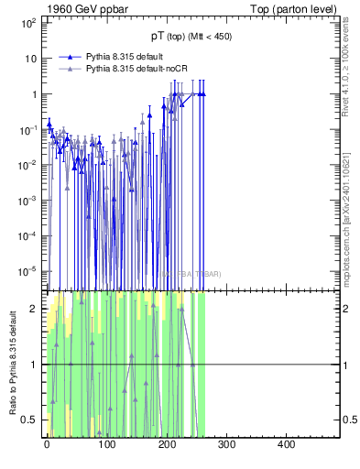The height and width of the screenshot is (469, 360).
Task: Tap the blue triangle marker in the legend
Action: tap(70, 56)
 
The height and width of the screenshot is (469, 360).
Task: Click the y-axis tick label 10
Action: tap(29, 59)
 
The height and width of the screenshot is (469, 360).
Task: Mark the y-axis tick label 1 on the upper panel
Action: tap(33, 94)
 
